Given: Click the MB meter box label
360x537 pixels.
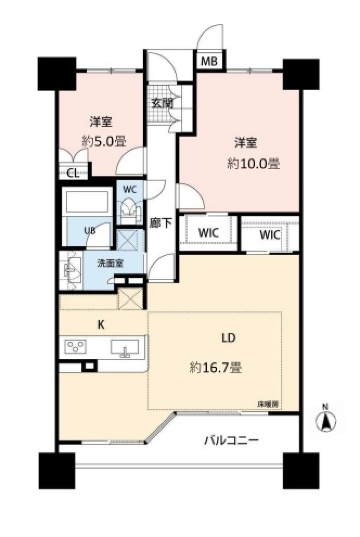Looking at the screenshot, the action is (209, 61).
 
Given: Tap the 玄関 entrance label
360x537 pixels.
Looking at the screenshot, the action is (162, 104).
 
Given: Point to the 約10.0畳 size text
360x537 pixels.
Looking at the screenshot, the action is (253, 164).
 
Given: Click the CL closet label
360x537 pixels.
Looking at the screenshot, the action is (73, 173).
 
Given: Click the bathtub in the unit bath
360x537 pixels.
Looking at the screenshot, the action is (87, 201).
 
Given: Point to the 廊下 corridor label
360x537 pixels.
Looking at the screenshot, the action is (161, 223).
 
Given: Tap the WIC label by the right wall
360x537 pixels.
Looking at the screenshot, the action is (270, 235).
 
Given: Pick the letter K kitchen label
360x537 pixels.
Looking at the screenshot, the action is (101, 325).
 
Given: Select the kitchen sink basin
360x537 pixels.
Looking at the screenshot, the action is (125, 347).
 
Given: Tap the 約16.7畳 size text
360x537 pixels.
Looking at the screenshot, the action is (216, 367).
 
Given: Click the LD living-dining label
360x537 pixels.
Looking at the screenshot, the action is (228, 338).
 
